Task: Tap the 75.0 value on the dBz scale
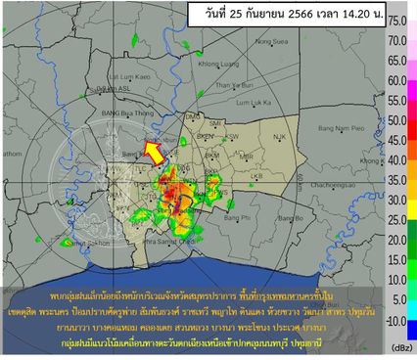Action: tap(396, 21)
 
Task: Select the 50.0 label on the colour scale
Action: tap(396, 120)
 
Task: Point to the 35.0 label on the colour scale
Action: tap(396, 180)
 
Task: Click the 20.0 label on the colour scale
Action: tap(396, 240)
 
